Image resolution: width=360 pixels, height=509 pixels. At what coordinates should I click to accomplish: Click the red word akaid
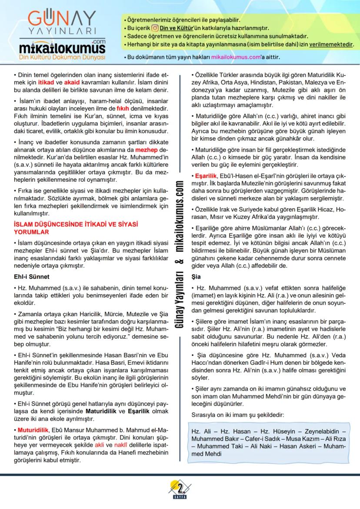click(71, 81)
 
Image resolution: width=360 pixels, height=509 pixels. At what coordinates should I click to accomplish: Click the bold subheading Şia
click(196, 276)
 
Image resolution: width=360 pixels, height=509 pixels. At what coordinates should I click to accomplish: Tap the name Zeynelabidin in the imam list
click(327, 430)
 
